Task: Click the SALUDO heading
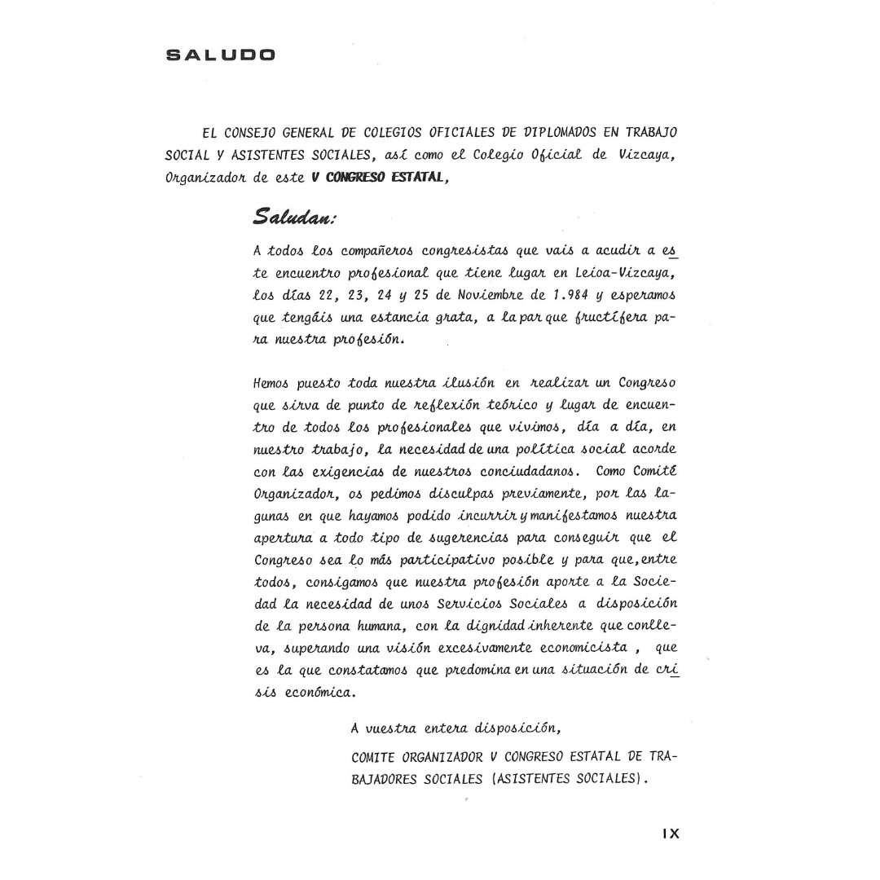point(221,55)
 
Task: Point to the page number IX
point(671,834)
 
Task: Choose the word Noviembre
point(499,294)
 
